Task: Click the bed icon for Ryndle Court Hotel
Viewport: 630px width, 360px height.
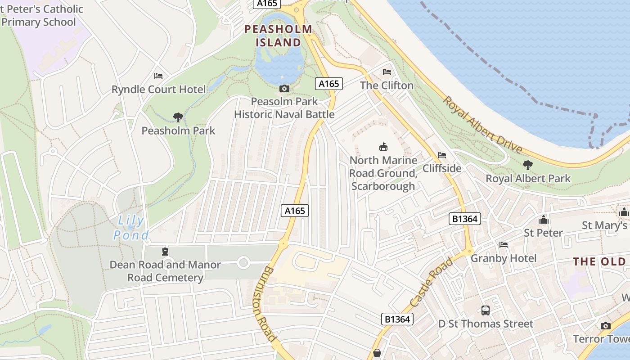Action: [158, 76]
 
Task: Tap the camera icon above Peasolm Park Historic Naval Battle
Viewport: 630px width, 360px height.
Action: [284, 88]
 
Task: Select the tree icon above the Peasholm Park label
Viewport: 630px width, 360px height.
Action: [178, 117]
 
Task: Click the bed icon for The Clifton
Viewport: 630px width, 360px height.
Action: [387, 72]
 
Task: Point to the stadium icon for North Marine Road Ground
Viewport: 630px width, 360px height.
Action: [383, 147]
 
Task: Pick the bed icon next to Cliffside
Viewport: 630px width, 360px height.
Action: [442, 155]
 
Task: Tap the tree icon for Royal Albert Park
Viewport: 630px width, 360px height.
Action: [528, 165]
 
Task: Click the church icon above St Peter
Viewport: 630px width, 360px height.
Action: [544, 220]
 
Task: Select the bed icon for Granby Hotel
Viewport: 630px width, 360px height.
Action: [504, 245]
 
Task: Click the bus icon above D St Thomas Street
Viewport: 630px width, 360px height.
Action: [485, 310]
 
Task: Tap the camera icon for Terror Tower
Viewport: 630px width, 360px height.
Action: [606, 326]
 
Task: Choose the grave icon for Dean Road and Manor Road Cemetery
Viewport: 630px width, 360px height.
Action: [165, 251]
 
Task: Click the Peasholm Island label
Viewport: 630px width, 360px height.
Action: [278, 36]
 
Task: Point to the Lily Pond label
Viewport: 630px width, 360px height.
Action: [131, 228]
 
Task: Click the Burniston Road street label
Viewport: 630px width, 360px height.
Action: [268, 304]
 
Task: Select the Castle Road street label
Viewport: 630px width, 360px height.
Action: [430, 283]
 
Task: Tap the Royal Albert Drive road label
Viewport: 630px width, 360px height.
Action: [482, 125]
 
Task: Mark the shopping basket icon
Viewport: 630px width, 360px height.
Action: [377, 353]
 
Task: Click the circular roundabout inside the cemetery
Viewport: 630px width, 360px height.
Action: [243, 262]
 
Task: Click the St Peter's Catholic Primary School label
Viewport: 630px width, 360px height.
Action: [40, 15]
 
